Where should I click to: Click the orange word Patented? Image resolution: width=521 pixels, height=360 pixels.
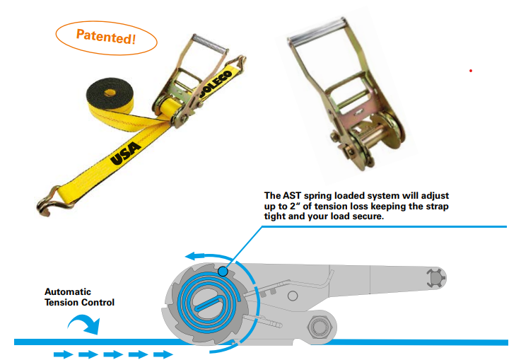(x=105, y=37)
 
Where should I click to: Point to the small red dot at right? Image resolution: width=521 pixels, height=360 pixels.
(x=470, y=71)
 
